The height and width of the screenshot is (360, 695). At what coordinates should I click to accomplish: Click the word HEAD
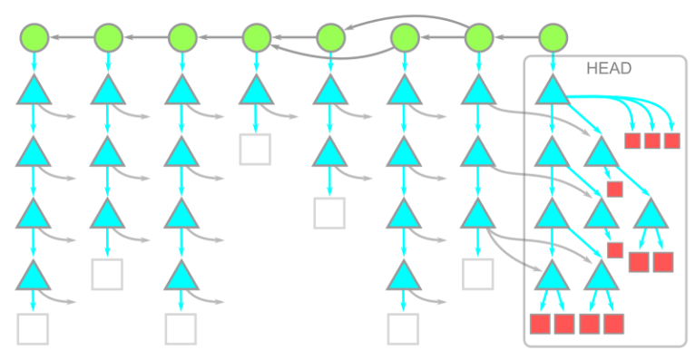click(x=609, y=69)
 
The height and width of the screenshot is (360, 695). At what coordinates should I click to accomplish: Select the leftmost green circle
click(x=34, y=37)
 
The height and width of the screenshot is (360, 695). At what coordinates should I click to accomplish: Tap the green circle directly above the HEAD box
click(x=553, y=37)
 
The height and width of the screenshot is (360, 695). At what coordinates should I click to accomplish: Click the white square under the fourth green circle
click(x=256, y=149)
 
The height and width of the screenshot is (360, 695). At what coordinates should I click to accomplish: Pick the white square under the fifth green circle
click(x=330, y=212)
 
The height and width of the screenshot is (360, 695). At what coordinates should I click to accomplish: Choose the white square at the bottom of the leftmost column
click(x=33, y=328)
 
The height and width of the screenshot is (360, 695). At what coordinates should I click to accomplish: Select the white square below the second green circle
click(x=107, y=274)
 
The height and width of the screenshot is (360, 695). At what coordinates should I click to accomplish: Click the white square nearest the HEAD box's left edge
click(x=478, y=274)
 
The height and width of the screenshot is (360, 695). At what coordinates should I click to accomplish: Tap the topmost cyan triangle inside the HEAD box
click(x=552, y=91)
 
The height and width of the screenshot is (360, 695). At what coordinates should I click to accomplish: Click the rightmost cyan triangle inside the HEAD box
click(x=650, y=214)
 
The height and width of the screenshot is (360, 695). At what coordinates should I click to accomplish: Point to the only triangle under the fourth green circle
click(x=257, y=91)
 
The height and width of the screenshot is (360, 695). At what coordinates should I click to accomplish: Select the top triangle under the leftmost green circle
click(x=34, y=91)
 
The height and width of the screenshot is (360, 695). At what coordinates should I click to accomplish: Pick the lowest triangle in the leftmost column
click(x=34, y=274)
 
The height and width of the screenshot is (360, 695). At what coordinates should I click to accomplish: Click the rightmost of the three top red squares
click(x=671, y=140)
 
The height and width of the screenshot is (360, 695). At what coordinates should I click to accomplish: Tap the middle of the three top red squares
click(x=652, y=140)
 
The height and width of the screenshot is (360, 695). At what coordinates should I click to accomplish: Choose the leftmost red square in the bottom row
click(x=540, y=324)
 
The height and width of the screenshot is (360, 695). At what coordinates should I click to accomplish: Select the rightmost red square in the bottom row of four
click(x=614, y=324)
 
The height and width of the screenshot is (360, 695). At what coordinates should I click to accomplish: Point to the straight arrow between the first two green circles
click(x=71, y=37)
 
